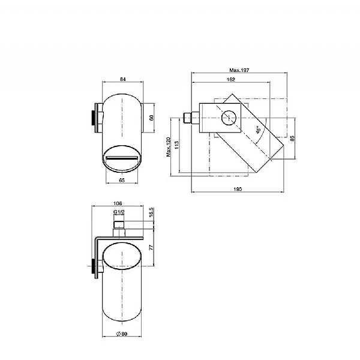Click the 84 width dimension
pos(123,79)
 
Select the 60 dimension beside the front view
pos(151,118)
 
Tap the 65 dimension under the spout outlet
pos(122,180)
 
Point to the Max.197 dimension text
pos(239,70)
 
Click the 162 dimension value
pos(231,79)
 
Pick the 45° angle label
pos(259,130)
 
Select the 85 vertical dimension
pos(292,138)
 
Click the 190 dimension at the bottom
pos(238,189)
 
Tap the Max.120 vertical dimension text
pos(169,147)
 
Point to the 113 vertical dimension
pos(176,145)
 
